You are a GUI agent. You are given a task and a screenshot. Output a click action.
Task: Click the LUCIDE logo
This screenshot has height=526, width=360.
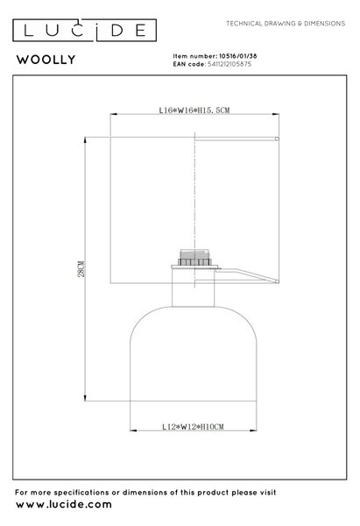[84, 30]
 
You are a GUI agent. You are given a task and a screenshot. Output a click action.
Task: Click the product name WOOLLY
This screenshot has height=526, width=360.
[46, 60]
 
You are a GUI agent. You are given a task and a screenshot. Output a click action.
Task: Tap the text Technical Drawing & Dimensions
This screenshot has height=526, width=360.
[286, 24]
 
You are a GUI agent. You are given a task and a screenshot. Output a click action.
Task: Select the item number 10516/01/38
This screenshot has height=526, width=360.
[238, 56]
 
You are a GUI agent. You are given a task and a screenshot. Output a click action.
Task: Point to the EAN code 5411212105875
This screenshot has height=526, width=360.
[229, 64]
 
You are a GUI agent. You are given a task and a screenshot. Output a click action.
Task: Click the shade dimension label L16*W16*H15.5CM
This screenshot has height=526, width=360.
[194, 110]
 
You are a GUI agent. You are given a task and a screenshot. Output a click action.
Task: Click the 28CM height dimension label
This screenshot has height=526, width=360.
[81, 269]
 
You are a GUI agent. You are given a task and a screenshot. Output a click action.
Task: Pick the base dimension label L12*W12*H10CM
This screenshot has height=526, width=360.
[193, 427]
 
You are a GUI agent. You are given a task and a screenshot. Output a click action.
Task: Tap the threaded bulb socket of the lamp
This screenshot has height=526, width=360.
[195, 258]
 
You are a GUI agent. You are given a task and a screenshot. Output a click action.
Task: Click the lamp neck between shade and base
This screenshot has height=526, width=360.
[194, 288]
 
